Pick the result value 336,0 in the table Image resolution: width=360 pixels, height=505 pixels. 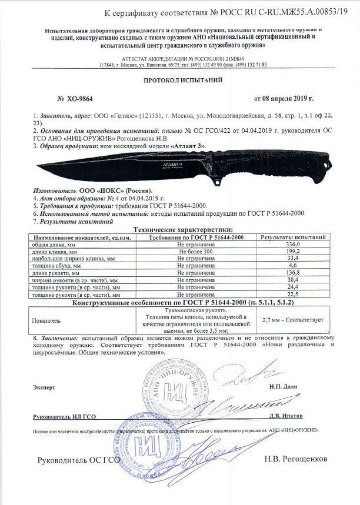pos(293,243)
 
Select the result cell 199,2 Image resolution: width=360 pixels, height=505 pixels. pos(293,251)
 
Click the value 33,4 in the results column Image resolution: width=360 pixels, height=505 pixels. pos(293,258)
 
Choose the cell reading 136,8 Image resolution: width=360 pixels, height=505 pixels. pos(293,273)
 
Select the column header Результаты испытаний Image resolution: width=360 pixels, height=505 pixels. pos(293,236)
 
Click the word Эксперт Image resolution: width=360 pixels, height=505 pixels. pos(44,388)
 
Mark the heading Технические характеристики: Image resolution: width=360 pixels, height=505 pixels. pos(183,229)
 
